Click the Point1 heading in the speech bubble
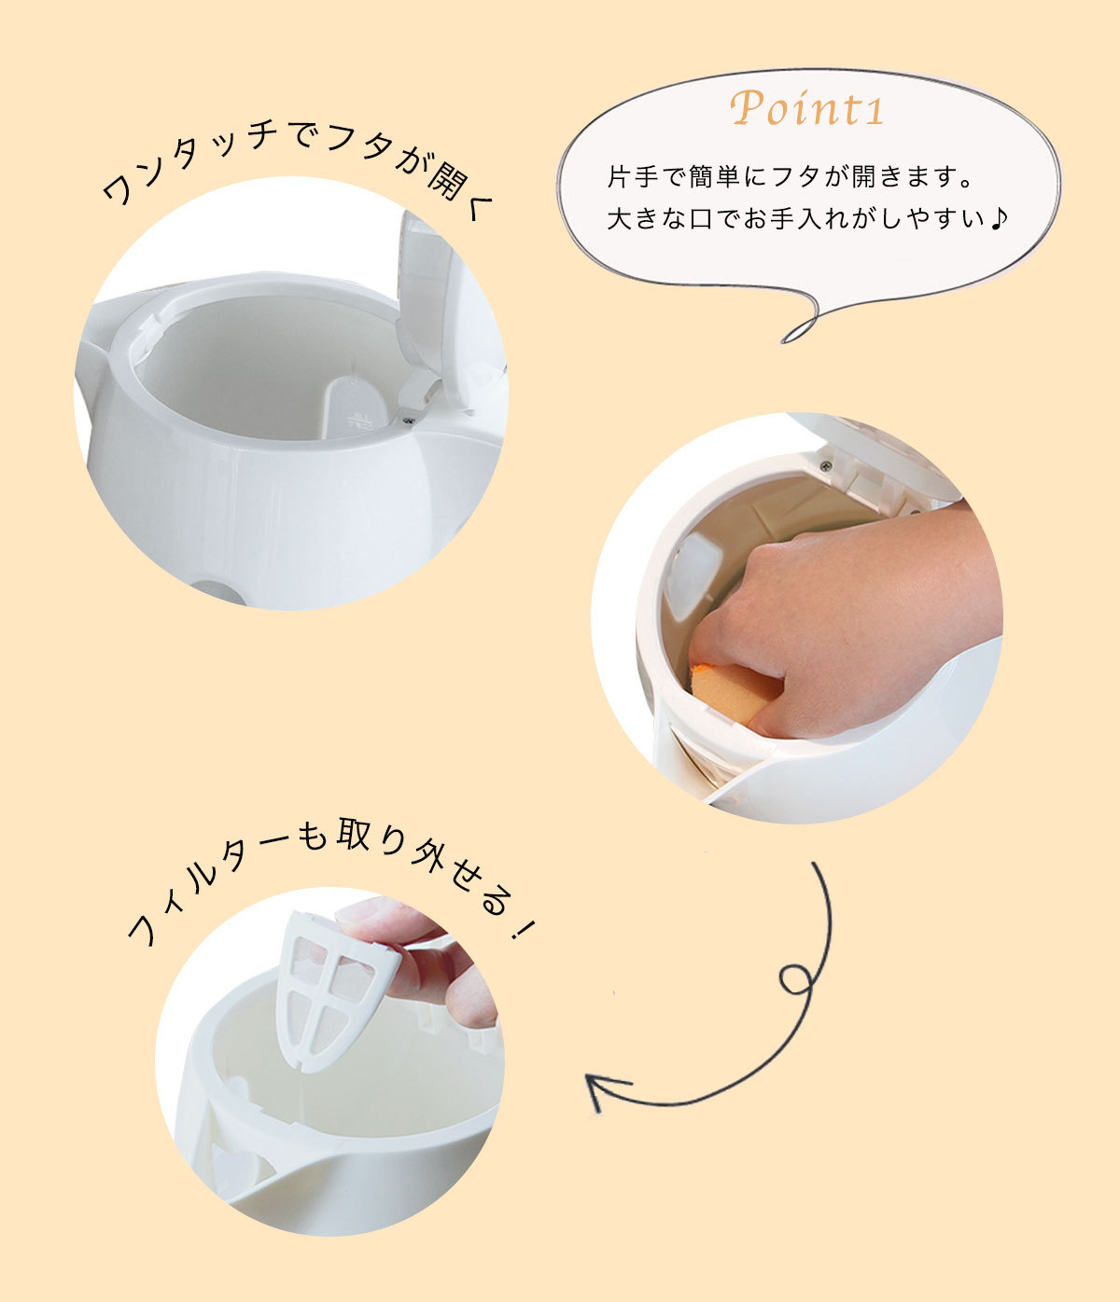pyautogui.click(x=807, y=108)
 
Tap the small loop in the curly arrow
pyautogui.click(x=795, y=980)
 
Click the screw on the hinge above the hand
pyautogui.click(x=825, y=465)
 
